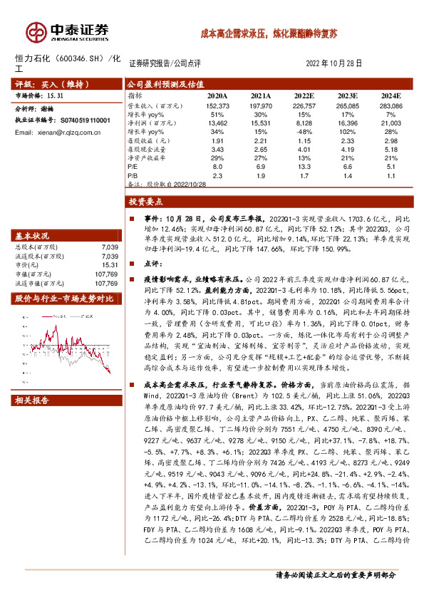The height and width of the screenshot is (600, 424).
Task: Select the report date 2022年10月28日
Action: tap(333, 63)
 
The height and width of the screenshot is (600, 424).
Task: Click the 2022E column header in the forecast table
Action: tap(304, 95)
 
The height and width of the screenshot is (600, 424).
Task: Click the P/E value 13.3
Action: tap(304, 166)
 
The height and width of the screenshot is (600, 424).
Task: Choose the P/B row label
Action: tap(132, 175)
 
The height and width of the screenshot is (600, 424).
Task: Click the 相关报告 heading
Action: tap(32, 400)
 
